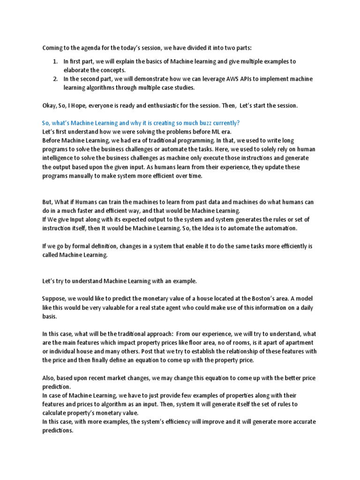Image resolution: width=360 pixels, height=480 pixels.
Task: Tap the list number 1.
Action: [x=54, y=61]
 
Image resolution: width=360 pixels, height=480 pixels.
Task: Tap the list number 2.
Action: [x=54, y=79]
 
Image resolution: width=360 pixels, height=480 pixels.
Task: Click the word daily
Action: [x=303, y=307]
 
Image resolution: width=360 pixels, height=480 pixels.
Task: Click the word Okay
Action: [x=50, y=105]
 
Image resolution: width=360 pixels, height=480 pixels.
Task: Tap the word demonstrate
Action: [x=145, y=79]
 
